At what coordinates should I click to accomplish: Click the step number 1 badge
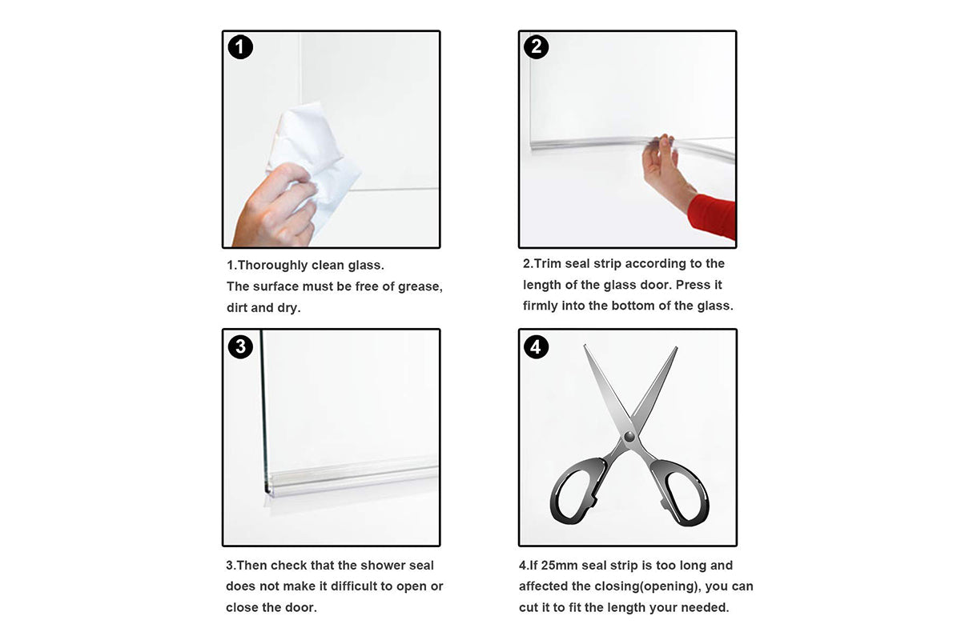pos(240,48)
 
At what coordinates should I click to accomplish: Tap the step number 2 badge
pos(537,47)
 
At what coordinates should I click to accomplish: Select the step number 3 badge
pos(240,346)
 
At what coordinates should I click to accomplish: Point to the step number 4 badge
pos(537,346)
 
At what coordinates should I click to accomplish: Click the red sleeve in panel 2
pos(712,215)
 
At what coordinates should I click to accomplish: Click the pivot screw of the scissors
pos(629,437)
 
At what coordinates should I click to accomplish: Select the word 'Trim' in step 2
pos(549,264)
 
